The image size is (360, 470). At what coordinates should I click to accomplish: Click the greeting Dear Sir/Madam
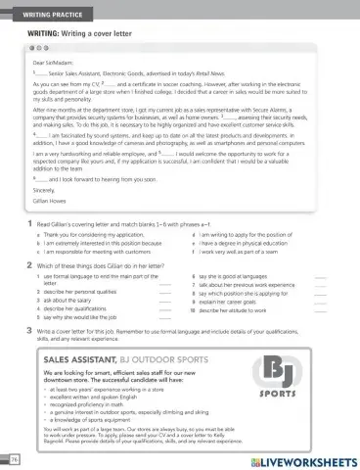tap(53, 63)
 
